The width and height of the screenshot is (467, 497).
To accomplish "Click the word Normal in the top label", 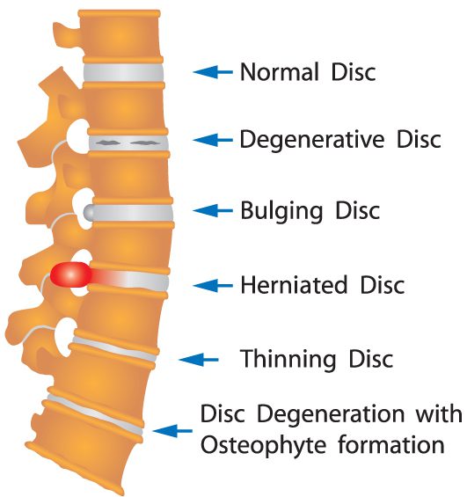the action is [280, 72].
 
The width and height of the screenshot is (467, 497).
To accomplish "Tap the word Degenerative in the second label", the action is [312, 140].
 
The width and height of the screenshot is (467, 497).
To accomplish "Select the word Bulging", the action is [281, 211].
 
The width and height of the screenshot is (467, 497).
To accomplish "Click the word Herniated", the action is [294, 285].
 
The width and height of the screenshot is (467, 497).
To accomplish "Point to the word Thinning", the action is [288, 360].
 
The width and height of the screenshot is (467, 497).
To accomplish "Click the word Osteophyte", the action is [264, 445].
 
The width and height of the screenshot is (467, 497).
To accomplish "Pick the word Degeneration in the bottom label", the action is [331, 414].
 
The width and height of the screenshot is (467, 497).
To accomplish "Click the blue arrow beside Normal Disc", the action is [213, 72].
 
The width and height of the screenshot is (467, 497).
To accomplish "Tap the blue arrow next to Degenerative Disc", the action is [213, 140].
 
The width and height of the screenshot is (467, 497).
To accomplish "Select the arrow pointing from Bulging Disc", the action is [213, 210].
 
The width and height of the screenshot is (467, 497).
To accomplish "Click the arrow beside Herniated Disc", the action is [213, 285].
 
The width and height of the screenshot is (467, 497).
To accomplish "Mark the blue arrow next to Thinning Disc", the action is [199, 360].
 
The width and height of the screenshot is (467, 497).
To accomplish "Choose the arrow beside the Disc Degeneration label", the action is [172, 431].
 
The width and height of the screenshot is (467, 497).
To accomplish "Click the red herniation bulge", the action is [71, 274].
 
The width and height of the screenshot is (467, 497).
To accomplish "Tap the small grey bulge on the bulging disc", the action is [89, 212].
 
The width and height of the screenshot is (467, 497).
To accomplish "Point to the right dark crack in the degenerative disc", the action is [144, 143].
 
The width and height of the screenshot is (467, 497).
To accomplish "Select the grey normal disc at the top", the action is [123, 72].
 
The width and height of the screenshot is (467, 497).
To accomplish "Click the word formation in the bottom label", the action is [391, 445].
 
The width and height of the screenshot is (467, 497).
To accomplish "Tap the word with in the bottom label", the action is [439, 414].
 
